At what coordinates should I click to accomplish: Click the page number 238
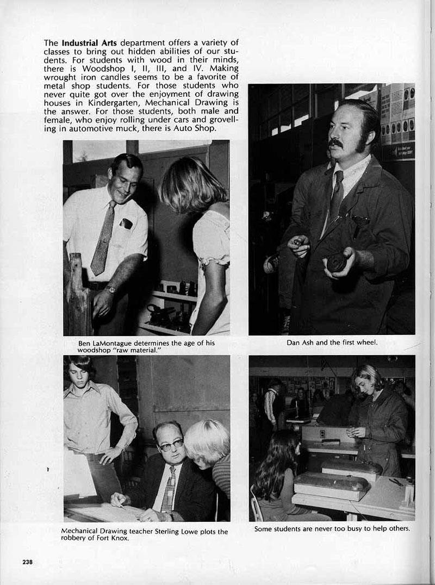27,562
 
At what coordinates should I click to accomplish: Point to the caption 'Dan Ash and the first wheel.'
332,343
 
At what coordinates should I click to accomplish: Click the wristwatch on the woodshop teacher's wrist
111,289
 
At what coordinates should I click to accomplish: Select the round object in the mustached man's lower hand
337,263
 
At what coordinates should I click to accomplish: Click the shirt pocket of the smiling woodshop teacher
126,223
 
